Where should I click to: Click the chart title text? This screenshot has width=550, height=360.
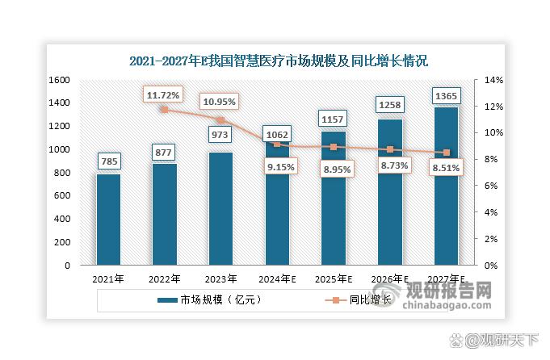point(278,61)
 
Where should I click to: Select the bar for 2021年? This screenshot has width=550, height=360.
point(107,220)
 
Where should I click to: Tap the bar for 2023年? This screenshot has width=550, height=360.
point(220,208)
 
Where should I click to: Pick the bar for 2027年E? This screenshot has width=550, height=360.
point(446,186)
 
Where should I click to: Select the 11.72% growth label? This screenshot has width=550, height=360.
point(164,95)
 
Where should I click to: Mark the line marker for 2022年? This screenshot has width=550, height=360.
point(164,110)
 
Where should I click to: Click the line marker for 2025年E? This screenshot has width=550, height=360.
point(333,147)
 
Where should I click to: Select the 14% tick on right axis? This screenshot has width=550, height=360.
point(494,80)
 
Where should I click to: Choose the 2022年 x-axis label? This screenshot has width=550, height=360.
point(163,279)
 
